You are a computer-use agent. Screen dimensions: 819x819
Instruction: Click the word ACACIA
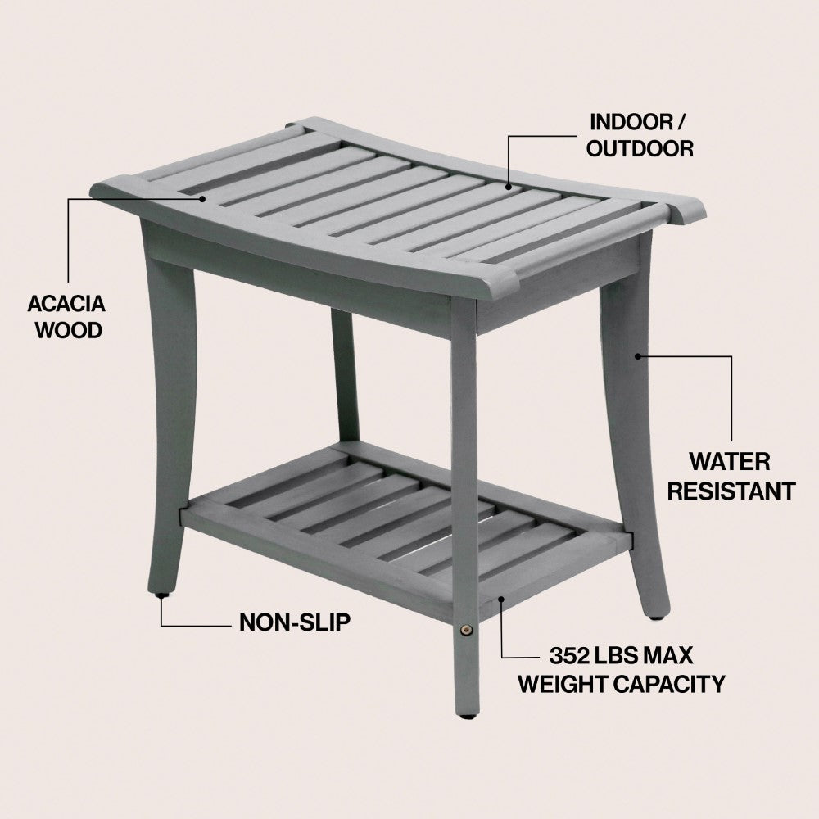coord(66,304)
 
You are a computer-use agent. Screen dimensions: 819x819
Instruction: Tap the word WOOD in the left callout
coord(69,331)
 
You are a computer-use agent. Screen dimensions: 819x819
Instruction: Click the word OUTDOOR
coord(640,148)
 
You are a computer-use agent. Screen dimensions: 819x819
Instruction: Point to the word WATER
coord(730,462)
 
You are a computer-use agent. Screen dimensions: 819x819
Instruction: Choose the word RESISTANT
coord(731,491)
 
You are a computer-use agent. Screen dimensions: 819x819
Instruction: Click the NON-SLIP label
coord(295,622)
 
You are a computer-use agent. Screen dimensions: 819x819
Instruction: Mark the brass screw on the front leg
coord(465,631)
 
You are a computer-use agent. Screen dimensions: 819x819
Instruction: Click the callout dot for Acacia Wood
coord(202,198)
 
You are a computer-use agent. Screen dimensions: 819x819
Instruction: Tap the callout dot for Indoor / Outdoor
coord(509,187)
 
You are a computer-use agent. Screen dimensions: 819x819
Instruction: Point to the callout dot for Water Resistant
coord(638,356)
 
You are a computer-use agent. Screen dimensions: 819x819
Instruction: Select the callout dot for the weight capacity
coord(501,600)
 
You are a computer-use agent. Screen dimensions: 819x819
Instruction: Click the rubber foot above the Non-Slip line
coord(162,595)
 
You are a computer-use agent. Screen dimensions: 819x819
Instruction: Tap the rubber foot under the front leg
coord(467,716)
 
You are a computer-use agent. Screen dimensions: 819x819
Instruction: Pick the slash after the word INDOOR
coord(681,122)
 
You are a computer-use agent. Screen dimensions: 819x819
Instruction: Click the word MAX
coord(667,655)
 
